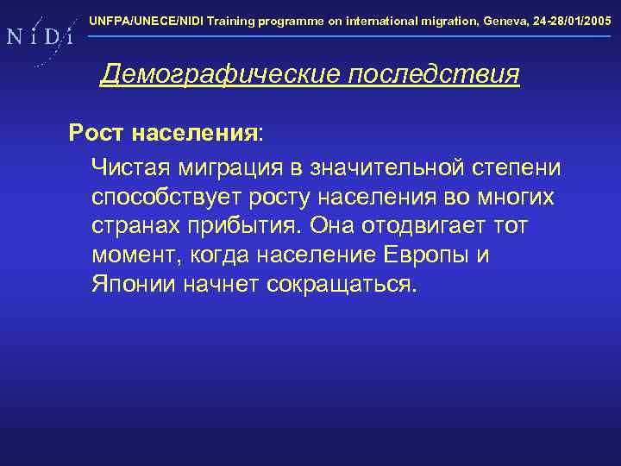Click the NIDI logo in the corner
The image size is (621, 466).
(x=38, y=37)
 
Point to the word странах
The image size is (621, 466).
(x=133, y=225)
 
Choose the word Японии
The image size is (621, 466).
(x=134, y=285)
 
